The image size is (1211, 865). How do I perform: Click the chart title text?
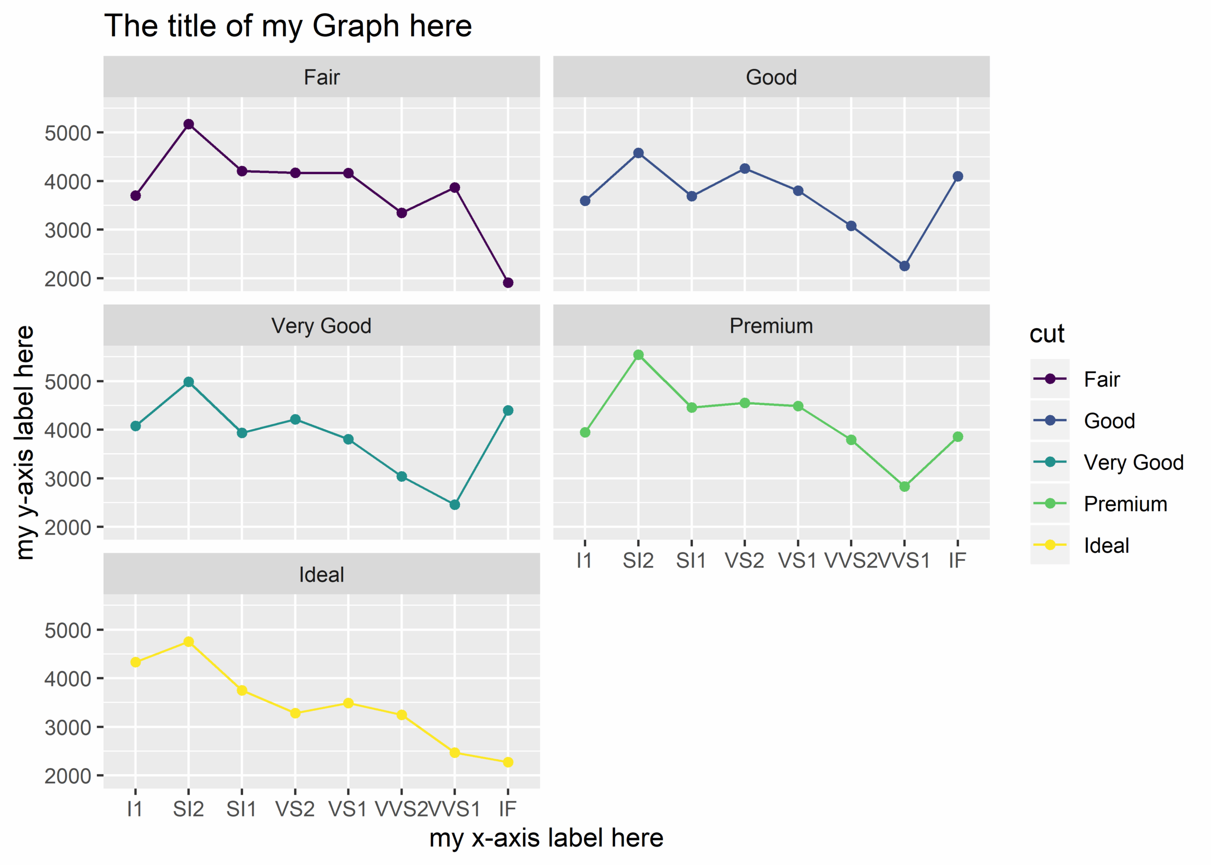coord(288,26)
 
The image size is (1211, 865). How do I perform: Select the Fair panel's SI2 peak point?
coord(189,124)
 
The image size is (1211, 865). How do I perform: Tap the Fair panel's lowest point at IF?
coord(508,283)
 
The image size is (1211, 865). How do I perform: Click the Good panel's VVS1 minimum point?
coord(904,266)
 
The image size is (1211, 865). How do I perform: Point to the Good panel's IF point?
coord(957,176)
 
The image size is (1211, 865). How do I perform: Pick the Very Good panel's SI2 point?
coord(189,382)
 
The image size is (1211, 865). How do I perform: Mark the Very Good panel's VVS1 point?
coord(455,505)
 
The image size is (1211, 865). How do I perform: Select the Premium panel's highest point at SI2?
coord(638,355)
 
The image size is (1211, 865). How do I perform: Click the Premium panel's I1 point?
coord(585,432)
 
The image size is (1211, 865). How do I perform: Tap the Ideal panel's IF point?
coord(508,762)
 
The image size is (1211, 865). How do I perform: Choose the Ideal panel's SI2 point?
coord(189,642)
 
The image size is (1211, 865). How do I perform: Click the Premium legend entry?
coord(1125,504)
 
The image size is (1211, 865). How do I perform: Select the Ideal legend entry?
coord(1106,545)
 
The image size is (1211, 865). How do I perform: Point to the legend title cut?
coord(1046,334)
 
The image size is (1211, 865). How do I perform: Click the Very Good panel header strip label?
coord(321,325)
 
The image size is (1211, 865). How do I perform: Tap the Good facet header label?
coord(771,77)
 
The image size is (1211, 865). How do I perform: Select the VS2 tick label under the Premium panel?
coord(744,560)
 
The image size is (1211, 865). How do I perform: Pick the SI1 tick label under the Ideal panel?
coord(241,809)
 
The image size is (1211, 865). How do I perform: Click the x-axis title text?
coord(546,838)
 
